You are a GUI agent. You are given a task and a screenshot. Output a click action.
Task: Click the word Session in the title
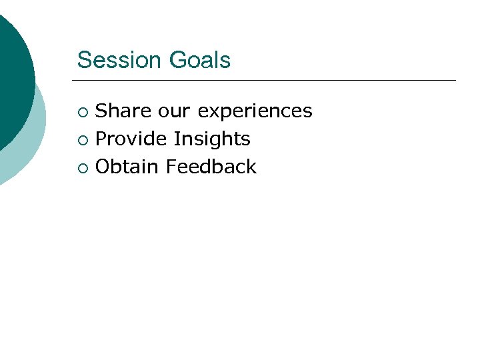(120, 60)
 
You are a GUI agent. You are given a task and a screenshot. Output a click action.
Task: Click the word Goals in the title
(199, 60)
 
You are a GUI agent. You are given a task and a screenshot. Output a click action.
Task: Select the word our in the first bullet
(173, 111)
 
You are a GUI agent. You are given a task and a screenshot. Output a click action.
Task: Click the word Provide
(131, 139)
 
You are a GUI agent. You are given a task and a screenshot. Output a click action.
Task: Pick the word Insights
(212, 139)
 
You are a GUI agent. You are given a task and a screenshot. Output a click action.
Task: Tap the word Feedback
(211, 167)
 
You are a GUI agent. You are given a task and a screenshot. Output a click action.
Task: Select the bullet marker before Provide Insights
(82, 140)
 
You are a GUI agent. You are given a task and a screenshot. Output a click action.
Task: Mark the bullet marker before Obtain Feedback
(82, 168)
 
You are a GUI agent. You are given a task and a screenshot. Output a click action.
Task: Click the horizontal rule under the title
(267, 81)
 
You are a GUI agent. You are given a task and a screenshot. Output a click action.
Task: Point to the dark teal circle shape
(13, 67)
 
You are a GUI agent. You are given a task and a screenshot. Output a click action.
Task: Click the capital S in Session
(83, 60)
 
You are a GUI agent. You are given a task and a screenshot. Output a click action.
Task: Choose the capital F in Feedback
(171, 167)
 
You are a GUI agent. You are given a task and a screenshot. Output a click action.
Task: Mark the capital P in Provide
(101, 139)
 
